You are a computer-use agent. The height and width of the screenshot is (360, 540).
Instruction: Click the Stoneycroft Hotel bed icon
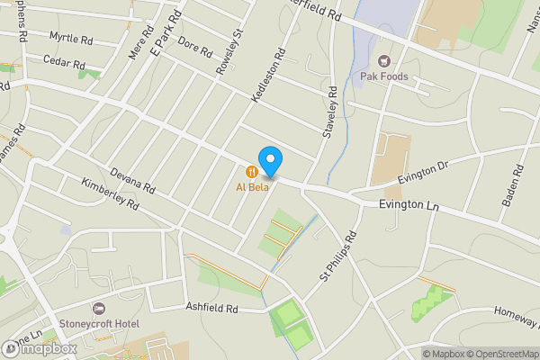[x=99, y=309]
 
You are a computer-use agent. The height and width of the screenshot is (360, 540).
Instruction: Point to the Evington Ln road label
[x=409, y=206]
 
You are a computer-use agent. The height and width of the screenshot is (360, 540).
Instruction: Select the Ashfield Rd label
[x=211, y=308]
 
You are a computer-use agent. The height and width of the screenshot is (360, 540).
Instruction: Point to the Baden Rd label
[x=512, y=184]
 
